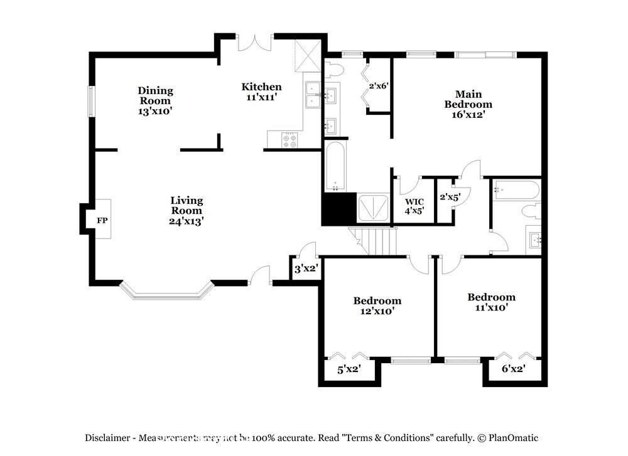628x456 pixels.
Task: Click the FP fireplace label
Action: tap(101, 221)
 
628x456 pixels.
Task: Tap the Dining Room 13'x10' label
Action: tap(155, 100)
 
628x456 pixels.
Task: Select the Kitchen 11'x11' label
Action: tap(262, 92)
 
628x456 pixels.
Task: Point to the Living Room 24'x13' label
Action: tap(187, 210)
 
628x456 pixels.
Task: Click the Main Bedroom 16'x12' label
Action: tap(468, 104)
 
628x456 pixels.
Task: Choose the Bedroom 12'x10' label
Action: tap(377, 305)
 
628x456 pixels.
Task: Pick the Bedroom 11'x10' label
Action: tap(491, 302)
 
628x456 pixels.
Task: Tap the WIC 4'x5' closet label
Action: tap(414, 206)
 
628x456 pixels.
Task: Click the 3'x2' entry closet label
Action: tap(306, 269)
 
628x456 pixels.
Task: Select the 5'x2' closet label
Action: tap(349, 369)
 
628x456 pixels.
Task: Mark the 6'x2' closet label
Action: tap(513, 369)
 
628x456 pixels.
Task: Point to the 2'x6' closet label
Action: tap(380, 86)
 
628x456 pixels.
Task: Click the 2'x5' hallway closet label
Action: tap(450, 197)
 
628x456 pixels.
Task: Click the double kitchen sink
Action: tap(312, 95)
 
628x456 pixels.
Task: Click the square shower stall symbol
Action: tap(372, 208)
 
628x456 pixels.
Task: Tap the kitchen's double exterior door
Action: tap(254, 41)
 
